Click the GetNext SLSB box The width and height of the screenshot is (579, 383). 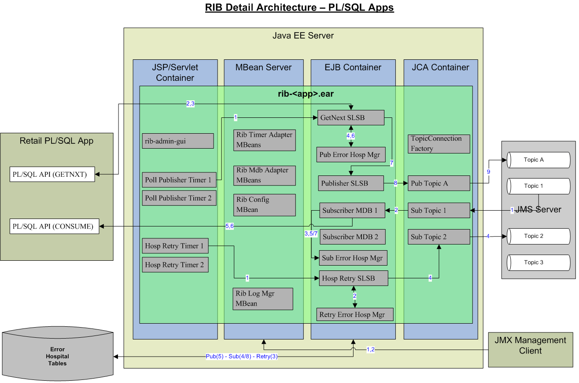pos(350,118)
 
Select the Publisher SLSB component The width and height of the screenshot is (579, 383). pos(350,183)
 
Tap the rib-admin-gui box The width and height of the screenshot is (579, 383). pos(178,141)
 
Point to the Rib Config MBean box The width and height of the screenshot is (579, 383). pos(264,205)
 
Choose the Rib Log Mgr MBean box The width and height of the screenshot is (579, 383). pos(263,299)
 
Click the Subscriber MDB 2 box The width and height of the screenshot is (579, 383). pos(353,237)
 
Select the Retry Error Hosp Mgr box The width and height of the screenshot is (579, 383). pos(354,314)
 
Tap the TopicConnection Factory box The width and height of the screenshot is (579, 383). pos(439,144)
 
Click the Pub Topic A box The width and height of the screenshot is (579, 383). pos(439,183)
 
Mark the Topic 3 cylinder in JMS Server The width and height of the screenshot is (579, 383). pos(538,263)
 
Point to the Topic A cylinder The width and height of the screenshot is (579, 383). pos(538,160)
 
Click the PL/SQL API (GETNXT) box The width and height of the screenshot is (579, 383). pos(52,175)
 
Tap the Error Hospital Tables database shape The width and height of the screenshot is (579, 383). pos(58,357)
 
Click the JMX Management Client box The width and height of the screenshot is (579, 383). pos(530,346)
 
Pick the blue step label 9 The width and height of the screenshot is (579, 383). pos(488,172)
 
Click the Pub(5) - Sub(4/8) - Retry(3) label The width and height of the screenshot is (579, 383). pos(242,356)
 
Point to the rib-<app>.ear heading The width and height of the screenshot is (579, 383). pos(306,94)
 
